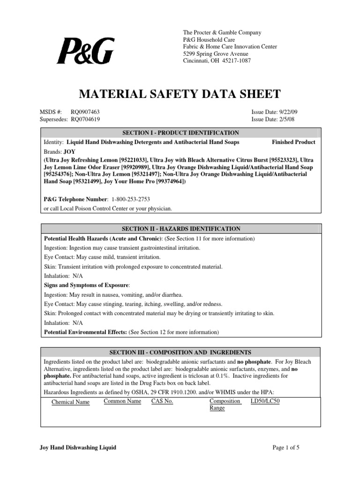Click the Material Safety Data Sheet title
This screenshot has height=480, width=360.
pos(180,94)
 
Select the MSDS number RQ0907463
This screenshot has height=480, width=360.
pos(85,112)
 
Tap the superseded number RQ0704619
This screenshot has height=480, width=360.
pos(85,120)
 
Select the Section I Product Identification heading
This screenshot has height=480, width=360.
pos(180,133)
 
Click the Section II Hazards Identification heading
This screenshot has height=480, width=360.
pos(180,229)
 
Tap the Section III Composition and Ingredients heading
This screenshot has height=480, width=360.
pos(180,352)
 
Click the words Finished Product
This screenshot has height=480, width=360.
pos(293,142)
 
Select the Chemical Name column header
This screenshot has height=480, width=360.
pos(70,402)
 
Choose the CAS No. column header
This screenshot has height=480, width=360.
pos(162,402)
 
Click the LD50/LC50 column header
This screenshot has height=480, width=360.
pos(265,402)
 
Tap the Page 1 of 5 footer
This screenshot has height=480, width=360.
pos(286,448)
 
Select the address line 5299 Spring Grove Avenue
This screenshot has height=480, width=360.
pos(215,54)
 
